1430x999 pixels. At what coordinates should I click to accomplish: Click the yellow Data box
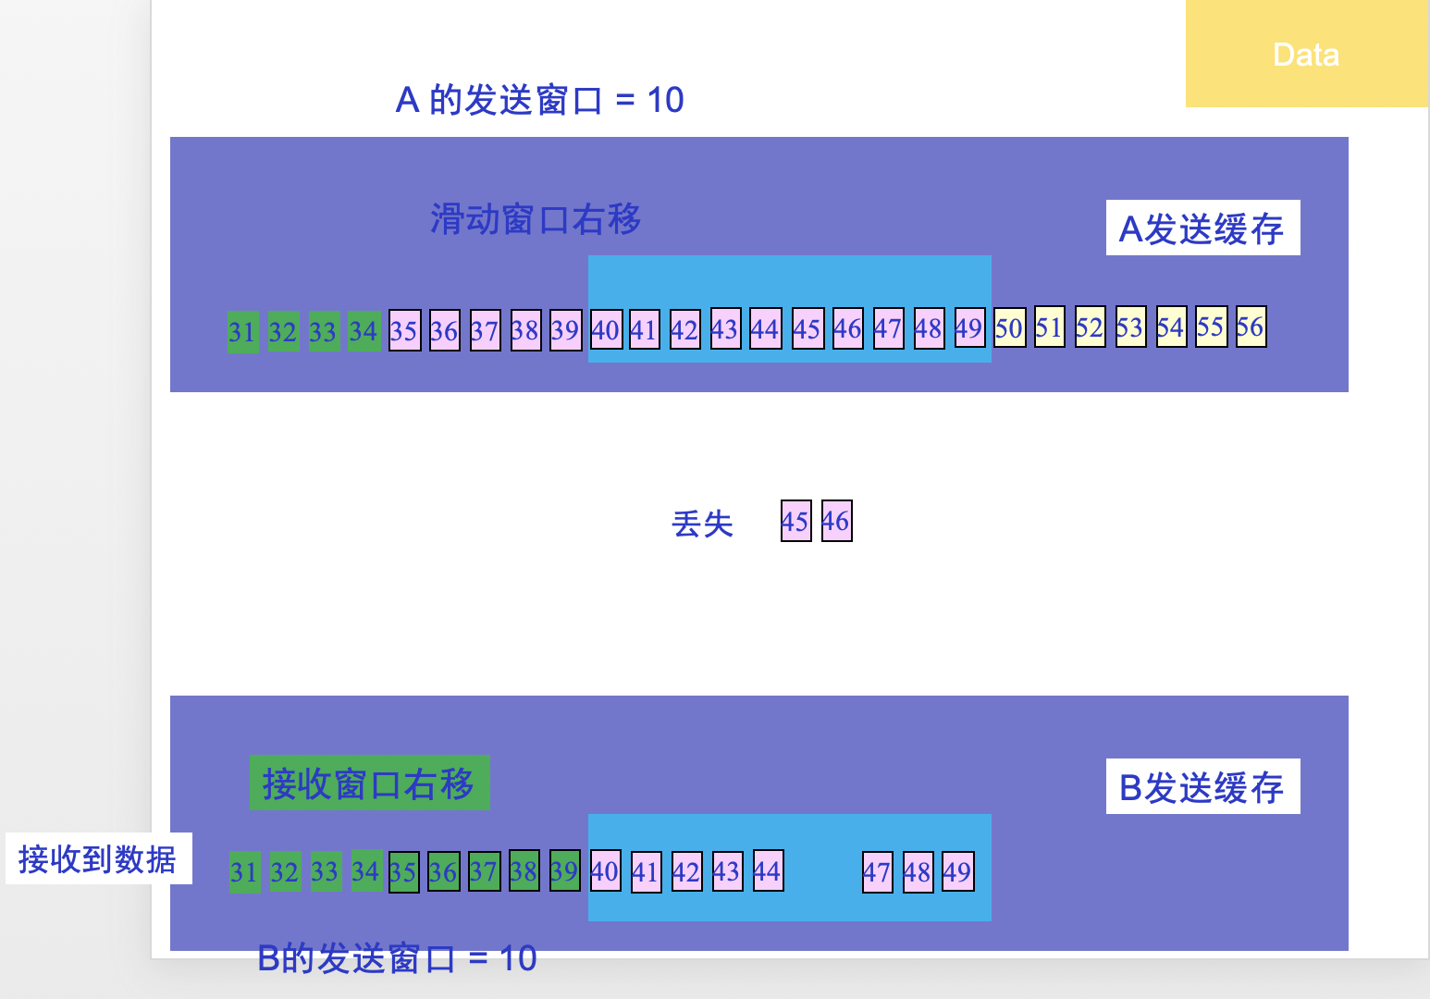click(1306, 54)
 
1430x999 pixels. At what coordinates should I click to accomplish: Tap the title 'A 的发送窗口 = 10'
click(539, 100)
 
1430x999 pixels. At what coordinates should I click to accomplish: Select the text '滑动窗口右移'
click(535, 220)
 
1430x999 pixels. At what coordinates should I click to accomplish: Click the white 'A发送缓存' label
click(1202, 228)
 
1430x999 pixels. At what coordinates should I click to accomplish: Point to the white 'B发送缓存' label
click(1202, 787)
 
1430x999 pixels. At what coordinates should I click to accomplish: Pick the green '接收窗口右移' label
click(369, 783)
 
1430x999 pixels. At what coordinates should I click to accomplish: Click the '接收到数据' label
click(98, 859)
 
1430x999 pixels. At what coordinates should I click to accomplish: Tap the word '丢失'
click(702, 524)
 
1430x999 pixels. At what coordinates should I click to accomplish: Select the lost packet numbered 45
click(795, 521)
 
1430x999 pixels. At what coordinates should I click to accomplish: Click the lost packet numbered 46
click(836, 521)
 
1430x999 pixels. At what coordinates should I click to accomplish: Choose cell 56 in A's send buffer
click(1251, 327)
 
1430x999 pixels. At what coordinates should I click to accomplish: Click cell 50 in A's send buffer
click(1009, 328)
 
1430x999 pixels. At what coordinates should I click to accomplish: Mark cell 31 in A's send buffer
click(242, 331)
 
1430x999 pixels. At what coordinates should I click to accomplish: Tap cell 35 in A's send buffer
click(404, 330)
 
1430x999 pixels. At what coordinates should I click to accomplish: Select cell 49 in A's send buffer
click(969, 328)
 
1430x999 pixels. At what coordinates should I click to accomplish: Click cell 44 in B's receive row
click(768, 870)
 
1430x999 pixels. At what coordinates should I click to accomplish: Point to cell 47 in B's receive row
click(877, 872)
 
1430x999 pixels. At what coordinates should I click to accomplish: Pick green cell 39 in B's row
click(564, 870)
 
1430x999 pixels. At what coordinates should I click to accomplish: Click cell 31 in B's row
click(244, 872)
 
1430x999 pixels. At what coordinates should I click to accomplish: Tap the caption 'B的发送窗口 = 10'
click(397, 959)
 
